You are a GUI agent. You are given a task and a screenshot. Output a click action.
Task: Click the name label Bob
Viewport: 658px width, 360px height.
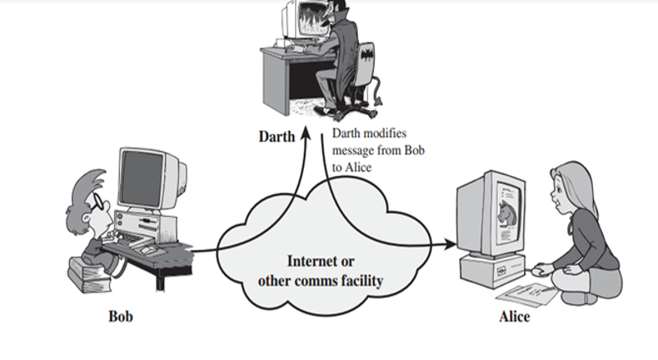point(120,316)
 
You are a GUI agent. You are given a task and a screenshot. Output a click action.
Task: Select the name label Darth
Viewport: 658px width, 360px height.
point(274,136)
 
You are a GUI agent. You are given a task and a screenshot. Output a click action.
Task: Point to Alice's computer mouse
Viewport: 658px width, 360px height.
point(538,269)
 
